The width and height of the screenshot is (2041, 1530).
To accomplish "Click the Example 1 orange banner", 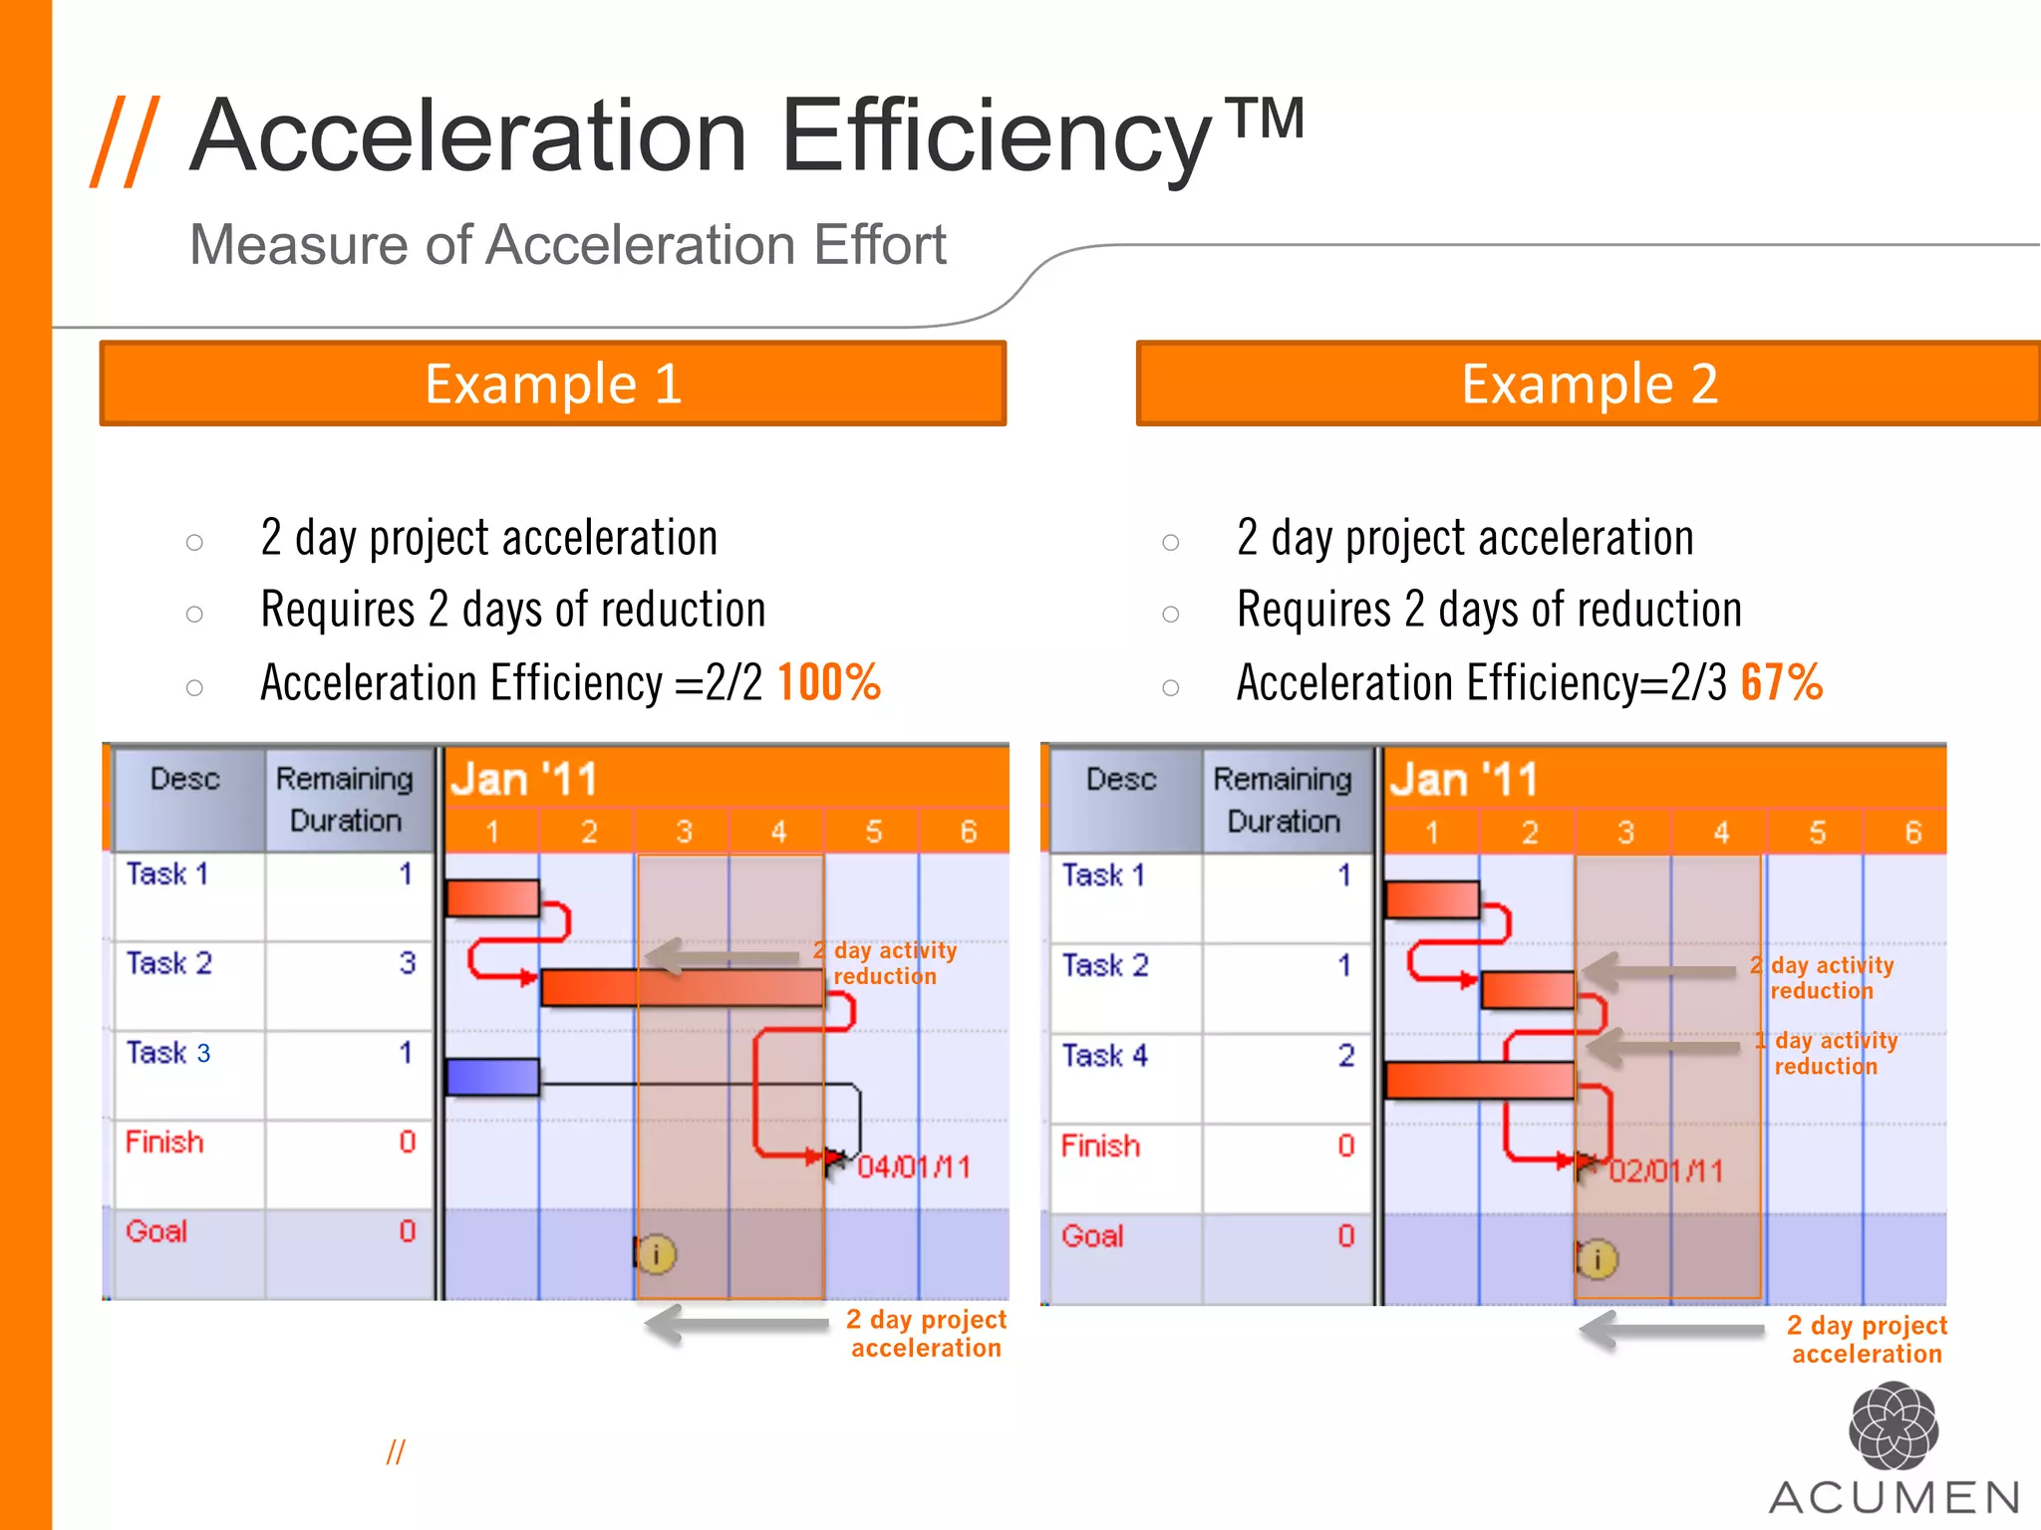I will tap(553, 383).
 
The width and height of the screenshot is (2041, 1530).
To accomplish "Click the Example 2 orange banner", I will tap(1589, 383).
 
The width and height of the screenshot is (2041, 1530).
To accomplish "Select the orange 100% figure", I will tap(828, 683).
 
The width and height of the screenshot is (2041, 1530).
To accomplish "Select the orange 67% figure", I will tap(1782, 683).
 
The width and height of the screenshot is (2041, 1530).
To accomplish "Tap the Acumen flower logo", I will tap(1893, 1425).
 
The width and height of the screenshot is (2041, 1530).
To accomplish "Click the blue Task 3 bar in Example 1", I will tap(492, 1077).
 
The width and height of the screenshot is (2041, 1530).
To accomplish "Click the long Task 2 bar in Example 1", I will tap(682, 987).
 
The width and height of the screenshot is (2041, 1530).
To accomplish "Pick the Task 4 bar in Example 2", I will tap(1479, 1080).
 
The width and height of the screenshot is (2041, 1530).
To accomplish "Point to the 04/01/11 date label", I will tap(914, 1166).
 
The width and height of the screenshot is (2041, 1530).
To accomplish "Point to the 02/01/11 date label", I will tap(1665, 1170).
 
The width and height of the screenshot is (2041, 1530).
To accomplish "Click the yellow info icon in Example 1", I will tap(657, 1254).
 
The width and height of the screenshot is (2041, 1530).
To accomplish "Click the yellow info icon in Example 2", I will tap(1598, 1259).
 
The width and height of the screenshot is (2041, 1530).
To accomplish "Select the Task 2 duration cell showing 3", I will tap(407, 963).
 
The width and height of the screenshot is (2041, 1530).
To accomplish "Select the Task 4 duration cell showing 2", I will tap(1345, 1055).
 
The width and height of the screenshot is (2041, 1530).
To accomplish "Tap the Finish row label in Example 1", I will tap(164, 1142).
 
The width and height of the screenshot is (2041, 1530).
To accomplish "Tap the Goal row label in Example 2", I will tap(1092, 1236).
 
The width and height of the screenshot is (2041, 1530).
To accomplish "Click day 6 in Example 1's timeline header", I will tap(968, 832).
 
